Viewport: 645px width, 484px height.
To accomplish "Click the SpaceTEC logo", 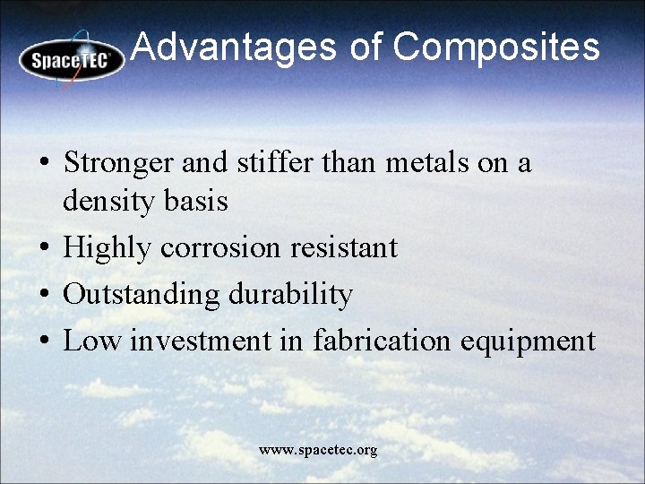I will pos(73,59).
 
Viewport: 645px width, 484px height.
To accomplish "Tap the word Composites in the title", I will pos(495,48).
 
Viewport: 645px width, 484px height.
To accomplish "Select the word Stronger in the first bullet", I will pos(119,163).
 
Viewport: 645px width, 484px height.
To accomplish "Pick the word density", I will pos(110,203).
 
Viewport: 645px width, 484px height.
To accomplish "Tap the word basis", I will pos(197,202).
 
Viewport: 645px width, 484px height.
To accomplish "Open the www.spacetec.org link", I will pos(318,450).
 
